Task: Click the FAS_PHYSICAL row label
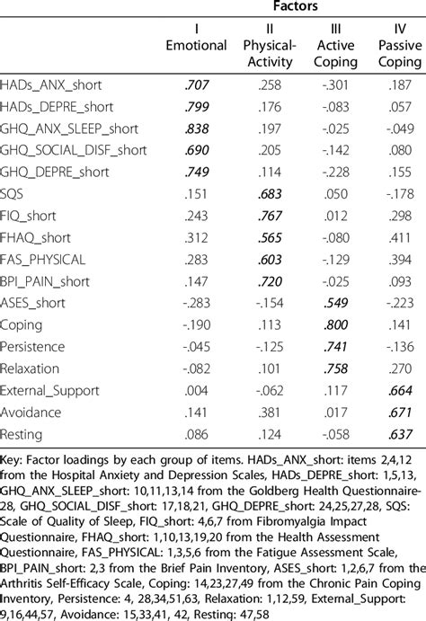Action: point(43,259)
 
